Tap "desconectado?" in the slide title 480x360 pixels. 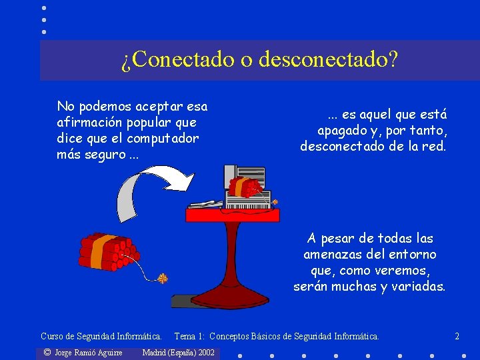(x=327, y=60)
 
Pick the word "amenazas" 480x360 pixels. (x=334, y=255)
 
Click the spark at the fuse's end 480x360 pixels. (x=162, y=278)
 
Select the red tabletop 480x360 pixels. (x=233, y=215)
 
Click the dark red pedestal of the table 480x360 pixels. (x=233, y=267)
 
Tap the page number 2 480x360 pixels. (x=457, y=337)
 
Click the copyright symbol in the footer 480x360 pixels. (x=47, y=352)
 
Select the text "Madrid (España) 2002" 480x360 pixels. (x=179, y=352)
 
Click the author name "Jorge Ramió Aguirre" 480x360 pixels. (x=88, y=352)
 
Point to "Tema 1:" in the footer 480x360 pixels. (x=189, y=337)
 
